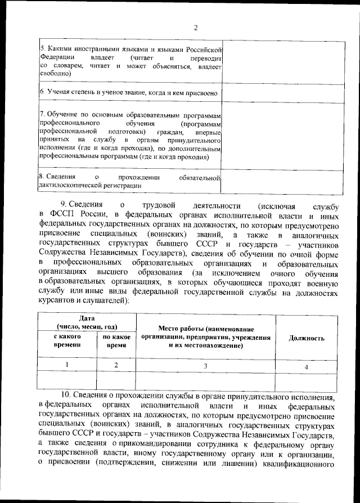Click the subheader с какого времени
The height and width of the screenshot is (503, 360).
67,341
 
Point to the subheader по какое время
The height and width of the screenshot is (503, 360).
116,341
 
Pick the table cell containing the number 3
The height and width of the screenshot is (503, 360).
205,366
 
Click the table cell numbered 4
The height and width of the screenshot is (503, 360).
307,367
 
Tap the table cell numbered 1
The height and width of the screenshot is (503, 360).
67,365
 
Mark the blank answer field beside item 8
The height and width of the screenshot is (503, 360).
282,181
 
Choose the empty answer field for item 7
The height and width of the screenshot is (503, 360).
282,136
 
